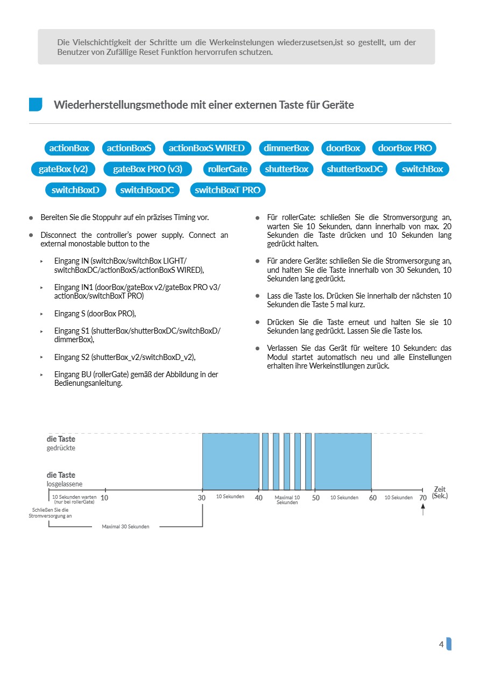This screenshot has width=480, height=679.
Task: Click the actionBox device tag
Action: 69,148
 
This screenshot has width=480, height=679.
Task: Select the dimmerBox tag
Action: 286,148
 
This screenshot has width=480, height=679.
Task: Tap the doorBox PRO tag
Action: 405,148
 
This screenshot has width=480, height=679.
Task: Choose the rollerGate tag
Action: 228,169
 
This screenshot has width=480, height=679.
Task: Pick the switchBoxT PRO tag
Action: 228,190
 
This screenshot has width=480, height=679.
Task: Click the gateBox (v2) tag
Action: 63,169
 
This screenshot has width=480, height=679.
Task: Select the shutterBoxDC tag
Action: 355,169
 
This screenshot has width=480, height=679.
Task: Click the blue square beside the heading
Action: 36,105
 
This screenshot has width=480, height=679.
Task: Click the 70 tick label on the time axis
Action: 423,498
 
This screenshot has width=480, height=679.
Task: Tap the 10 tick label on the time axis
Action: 104,498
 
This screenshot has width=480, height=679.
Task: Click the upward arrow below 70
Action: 423,509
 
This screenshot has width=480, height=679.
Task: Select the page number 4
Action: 441,644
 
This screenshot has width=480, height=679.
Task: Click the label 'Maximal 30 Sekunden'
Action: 125,526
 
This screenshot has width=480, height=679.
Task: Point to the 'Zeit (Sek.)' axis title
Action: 439,492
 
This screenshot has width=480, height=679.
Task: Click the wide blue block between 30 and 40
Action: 230,461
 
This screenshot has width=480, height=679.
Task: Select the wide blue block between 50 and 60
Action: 343,461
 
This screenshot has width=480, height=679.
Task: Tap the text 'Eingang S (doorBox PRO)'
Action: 95,313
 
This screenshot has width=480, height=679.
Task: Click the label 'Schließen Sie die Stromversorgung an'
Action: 50,513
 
